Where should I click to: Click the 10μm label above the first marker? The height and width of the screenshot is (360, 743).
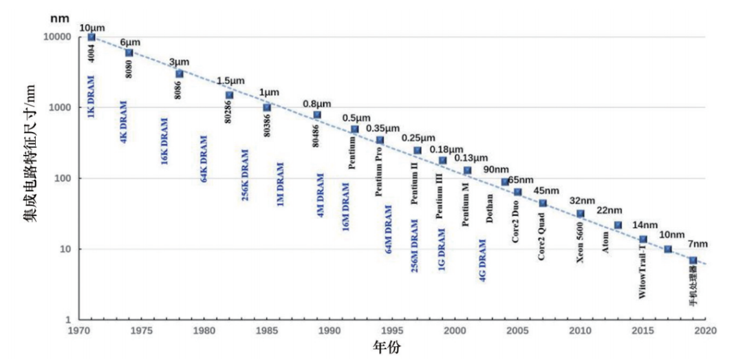[93, 28]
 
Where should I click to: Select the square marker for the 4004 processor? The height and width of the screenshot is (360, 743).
[91, 37]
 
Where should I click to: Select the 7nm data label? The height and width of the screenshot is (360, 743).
[697, 244]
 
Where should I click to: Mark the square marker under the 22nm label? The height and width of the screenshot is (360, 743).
[618, 225]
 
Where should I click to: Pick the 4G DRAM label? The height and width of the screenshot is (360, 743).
[482, 262]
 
